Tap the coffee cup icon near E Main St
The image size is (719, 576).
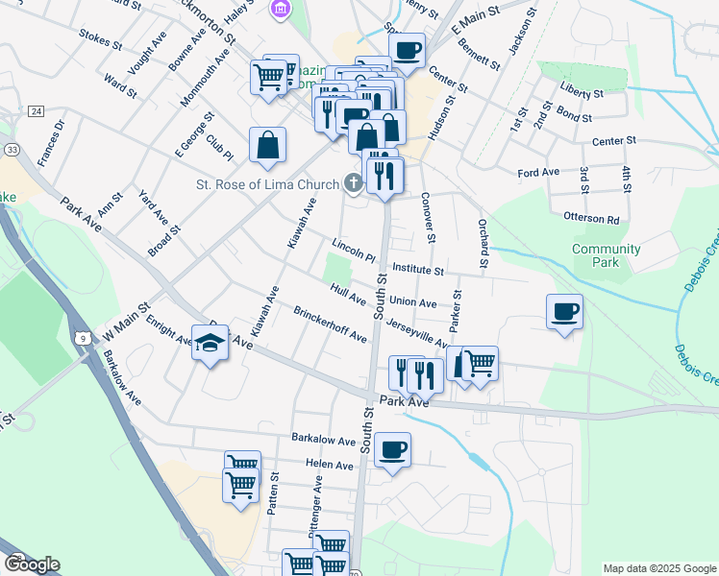tap(407, 50)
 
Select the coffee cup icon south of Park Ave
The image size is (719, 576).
tap(391, 449)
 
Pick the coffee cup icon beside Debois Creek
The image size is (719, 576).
tap(563, 311)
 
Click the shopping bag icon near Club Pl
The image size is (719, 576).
tap(268, 145)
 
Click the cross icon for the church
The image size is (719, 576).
tap(354, 184)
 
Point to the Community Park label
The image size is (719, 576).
tap(606, 255)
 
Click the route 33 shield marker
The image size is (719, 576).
tap(12, 150)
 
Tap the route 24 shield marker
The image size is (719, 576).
tap(36, 112)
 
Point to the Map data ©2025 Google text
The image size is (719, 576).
tap(658, 568)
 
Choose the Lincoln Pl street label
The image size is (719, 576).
tap(353, 250)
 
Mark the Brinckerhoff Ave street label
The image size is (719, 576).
tap(331, 325)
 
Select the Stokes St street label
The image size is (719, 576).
tap(100, 43)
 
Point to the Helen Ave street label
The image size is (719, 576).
tap(330, 466)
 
